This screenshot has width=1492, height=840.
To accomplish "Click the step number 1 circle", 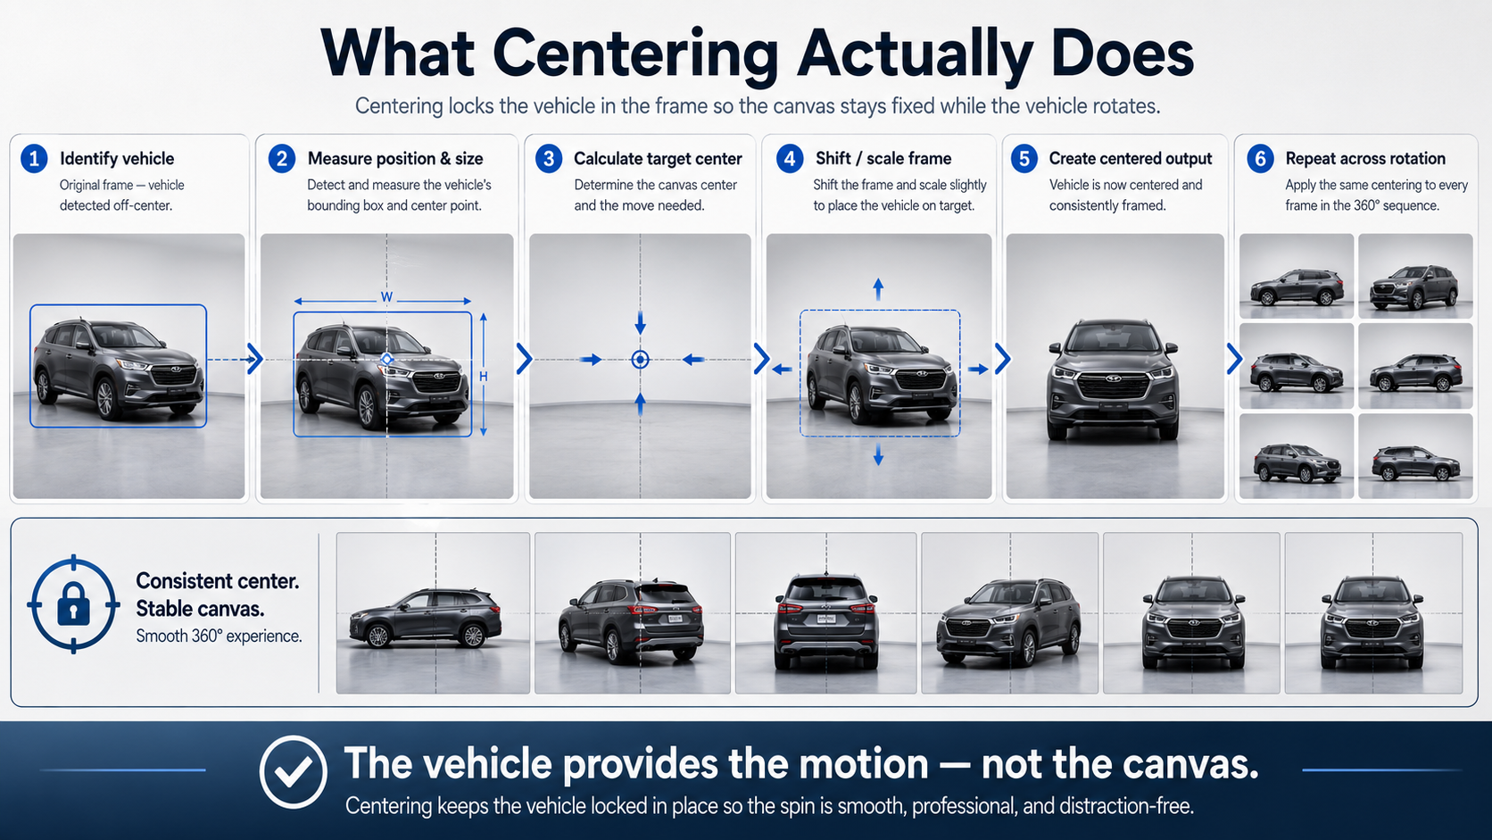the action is coord(34,159).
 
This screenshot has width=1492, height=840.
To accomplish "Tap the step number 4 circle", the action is coord(790,159).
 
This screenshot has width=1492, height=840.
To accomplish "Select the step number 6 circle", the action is coord(1260,159).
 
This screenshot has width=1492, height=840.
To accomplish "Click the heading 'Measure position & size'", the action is coord(395,159).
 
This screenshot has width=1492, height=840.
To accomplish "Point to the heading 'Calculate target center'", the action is coord(658,159).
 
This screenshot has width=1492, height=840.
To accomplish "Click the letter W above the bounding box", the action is coord(386,297).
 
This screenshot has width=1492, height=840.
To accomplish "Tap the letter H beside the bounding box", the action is coord(484,377).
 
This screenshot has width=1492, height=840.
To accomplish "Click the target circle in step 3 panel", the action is coord(640,360).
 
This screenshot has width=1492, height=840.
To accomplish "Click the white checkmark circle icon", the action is coord(293,771).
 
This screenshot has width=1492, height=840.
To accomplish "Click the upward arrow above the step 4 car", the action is coord(879,289).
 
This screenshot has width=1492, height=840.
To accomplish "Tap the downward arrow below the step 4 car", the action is coord(879,455).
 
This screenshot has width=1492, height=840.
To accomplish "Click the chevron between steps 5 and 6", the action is coord(1235,359).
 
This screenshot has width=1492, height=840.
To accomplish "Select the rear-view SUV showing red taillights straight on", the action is coord(825,620).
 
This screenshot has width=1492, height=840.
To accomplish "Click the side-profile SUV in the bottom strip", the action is coord(426,618).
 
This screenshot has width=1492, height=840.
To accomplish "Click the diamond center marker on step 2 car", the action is coord(386,360).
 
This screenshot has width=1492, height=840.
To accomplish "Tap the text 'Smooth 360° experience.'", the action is coord(219,636).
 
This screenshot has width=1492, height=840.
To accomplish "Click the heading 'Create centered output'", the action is coord(1131,159).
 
